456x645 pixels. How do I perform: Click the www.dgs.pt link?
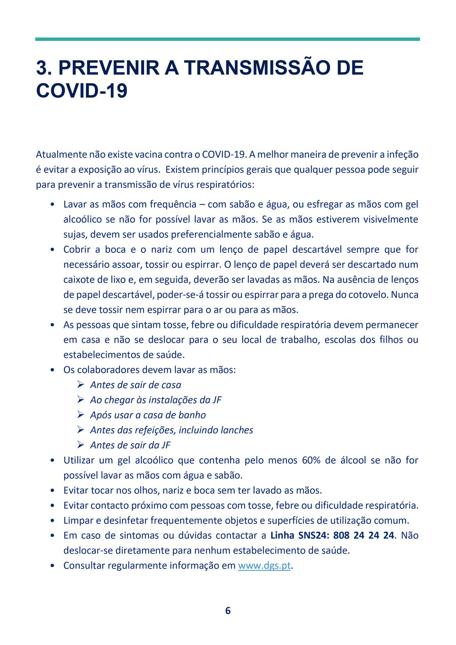pos(264,566)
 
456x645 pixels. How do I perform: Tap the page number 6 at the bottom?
pos(228,610)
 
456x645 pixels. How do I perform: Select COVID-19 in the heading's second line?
pos(82,90)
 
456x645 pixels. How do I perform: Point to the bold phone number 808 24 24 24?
pos(363,535)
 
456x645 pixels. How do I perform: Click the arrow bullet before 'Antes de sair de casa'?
pos(81,385)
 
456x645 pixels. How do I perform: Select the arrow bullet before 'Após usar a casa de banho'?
pos(81,415)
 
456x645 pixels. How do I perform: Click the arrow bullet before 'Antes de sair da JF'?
pos(81,445)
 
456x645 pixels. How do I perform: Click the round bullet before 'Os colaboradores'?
pos(53,370)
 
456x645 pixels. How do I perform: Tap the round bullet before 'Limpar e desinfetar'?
pos(53,521)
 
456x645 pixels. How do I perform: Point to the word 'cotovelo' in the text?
pos(369,295)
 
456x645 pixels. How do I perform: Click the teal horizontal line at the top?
pos(227,39)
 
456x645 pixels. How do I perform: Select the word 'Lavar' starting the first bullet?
pos(75,204)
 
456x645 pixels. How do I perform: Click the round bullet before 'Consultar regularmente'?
pos(53,566)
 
